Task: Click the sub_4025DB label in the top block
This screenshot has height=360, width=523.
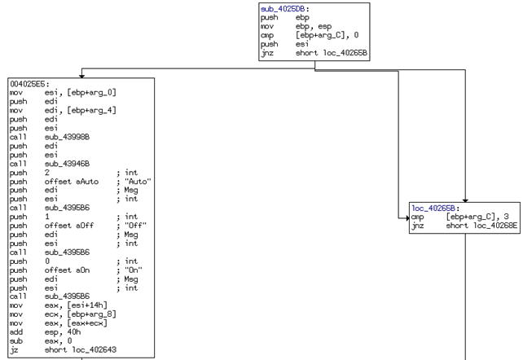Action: tap(283, 9)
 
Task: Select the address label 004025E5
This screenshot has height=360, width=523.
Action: tap(28, 84)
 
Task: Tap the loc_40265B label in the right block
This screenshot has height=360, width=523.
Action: tap(433, 209)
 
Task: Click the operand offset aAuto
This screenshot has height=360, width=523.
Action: tap(72, 182)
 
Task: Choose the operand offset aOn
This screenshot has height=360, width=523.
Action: tap(67, 270)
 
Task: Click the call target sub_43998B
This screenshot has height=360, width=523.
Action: tap(67, 137)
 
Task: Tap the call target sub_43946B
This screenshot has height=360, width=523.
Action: tap(67, 164)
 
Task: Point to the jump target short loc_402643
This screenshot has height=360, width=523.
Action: tap(81, 349)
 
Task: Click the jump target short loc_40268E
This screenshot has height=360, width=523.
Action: tap(481, 226)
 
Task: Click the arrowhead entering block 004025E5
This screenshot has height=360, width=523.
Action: tap(81, 76)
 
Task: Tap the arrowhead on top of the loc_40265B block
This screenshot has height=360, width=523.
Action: tap(465, 200)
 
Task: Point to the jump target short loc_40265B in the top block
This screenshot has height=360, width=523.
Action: tap(332, 53)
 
